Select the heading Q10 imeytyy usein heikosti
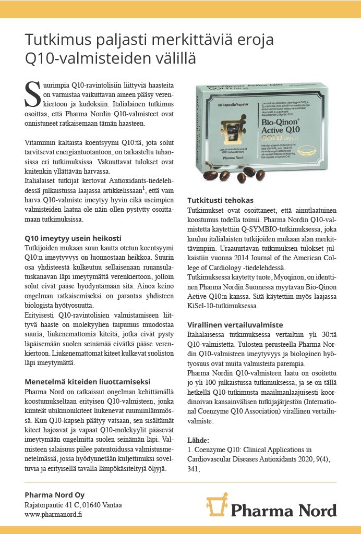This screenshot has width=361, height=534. click(x=73, y=238)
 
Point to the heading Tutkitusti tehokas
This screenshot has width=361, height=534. click(x=220, y=200)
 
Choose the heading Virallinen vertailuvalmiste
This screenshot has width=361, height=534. click(x=235, y=324)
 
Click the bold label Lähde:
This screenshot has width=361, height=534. click(x=198, y=440)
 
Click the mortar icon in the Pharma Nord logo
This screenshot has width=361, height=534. click(x=216, y=507)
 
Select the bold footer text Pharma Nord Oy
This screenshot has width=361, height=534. click(x=54, y=494)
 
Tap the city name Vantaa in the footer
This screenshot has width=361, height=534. click(x=112, y=504)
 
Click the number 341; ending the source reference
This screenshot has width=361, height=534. click(x=194, y=468)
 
